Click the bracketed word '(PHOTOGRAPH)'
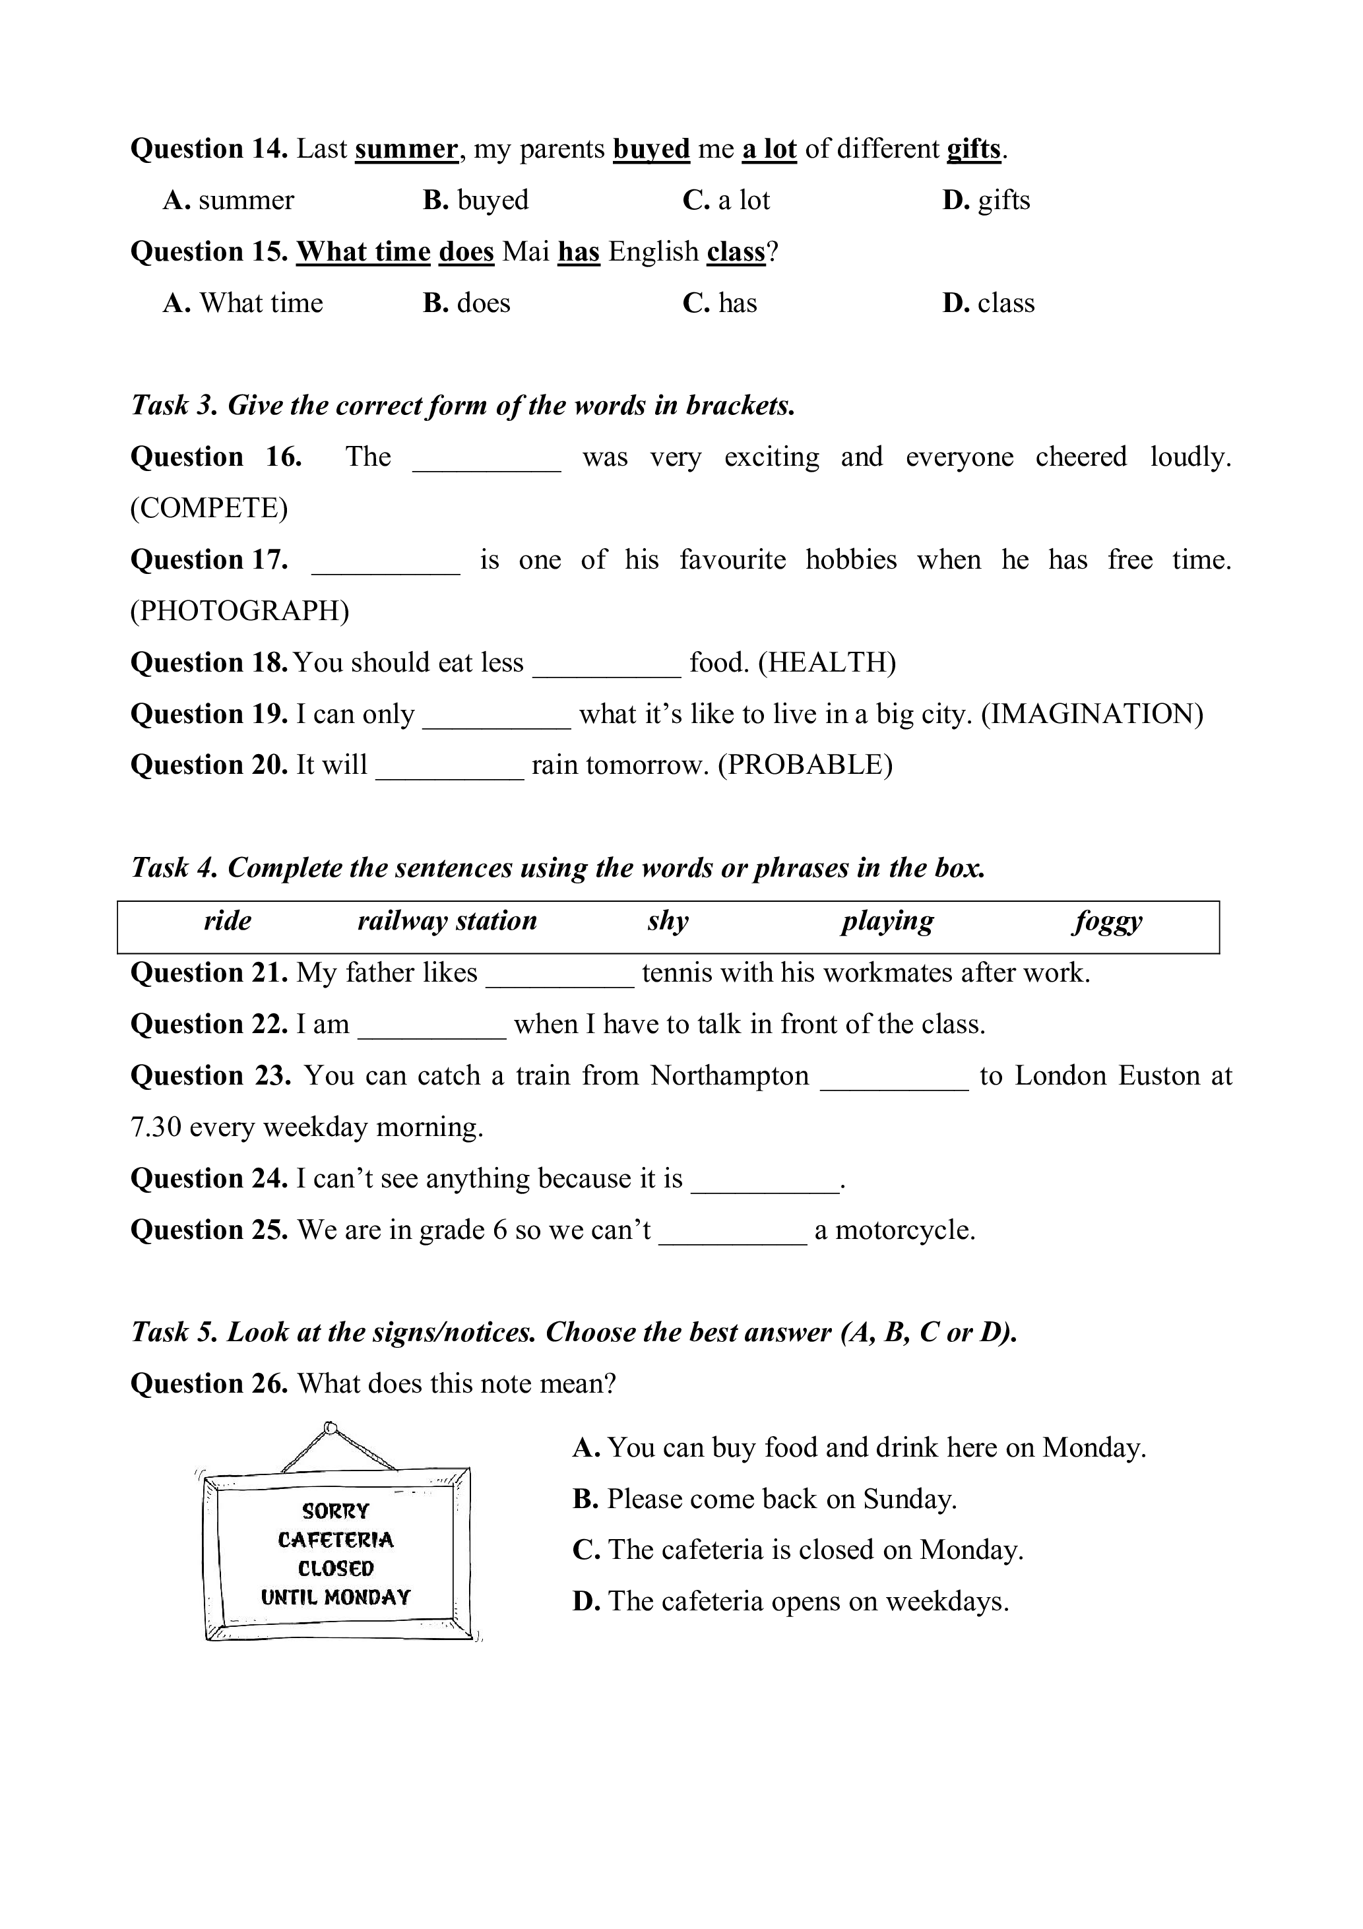239,611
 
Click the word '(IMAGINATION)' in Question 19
1093,714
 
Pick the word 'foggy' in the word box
1108,921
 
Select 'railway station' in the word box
447,921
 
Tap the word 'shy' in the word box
668,921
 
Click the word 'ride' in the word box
228,921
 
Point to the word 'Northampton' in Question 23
730,1075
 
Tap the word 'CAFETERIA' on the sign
335,1540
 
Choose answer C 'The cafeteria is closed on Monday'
798,1549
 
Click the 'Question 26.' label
209,1383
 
